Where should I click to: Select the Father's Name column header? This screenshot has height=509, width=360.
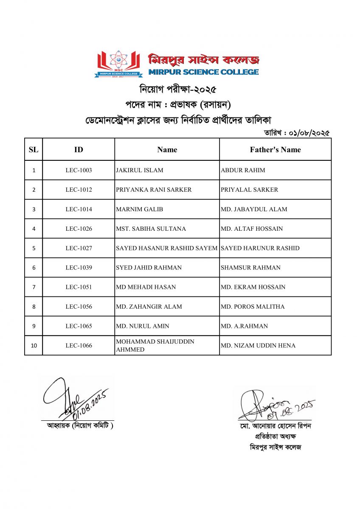[275, 150]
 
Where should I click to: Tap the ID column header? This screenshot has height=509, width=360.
[79, 150]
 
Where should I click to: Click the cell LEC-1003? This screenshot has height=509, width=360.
[79, 170]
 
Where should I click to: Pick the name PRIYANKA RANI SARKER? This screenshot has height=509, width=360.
[154, 190]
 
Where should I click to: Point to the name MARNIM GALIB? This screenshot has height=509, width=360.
[139, 209]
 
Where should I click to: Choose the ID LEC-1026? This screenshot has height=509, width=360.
[79, 229]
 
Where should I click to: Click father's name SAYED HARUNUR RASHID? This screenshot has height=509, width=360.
[260, 248]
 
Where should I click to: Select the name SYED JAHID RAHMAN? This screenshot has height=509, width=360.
[149, 268]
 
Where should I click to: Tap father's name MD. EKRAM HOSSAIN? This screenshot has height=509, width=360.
[253, 287]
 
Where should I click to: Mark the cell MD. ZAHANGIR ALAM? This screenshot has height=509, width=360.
[149, 307]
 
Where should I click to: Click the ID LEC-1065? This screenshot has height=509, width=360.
[79, 326]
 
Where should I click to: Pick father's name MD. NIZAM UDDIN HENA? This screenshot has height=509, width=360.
[258, 346]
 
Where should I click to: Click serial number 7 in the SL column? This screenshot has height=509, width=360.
[34, 287]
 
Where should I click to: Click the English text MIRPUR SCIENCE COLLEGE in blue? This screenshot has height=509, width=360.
[203, 72]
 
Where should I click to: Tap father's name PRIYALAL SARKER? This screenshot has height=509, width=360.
[250, 190]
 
